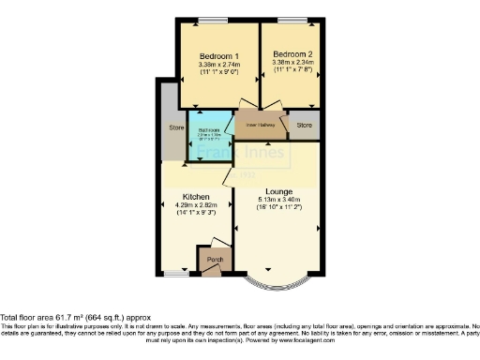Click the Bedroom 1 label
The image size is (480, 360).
pos(217,55)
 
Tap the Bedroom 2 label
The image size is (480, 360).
pos(292,54)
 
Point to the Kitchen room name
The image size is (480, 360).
pos(196,197)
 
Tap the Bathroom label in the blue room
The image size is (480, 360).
pos(208,129)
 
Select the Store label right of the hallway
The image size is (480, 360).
pos(304,124)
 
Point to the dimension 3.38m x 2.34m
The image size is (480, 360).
pos(292,63)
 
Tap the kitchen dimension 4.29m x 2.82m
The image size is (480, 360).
pos(196,205)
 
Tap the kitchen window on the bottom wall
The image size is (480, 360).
pos(173,274)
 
